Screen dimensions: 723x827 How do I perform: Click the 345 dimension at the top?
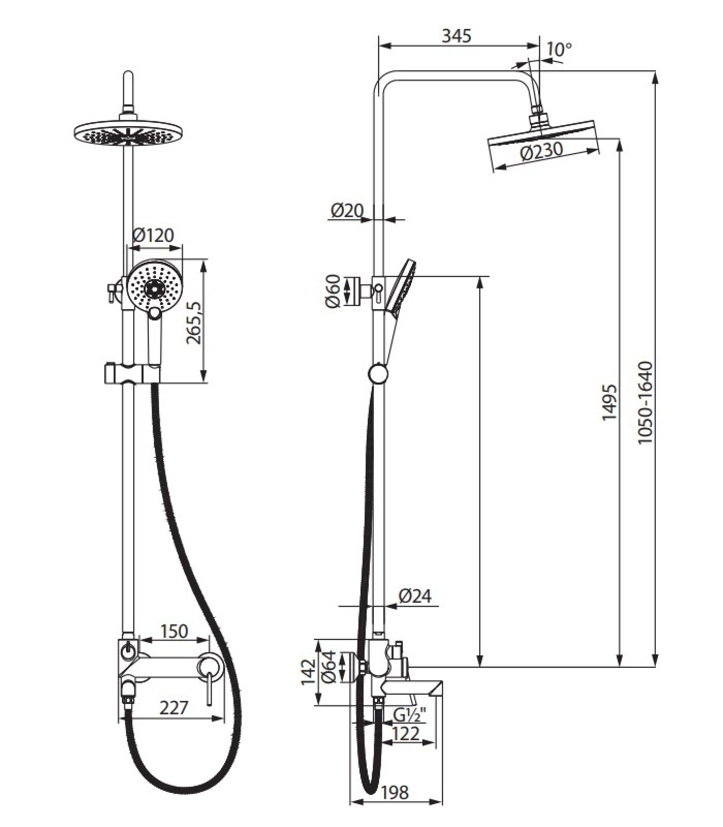point(457,36)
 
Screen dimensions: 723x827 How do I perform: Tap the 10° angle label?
point(559,49)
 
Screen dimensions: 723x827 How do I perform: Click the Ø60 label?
point(334,291)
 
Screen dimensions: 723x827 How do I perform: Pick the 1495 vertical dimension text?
point(610,402)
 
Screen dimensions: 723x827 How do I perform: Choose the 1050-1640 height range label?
point(645,403)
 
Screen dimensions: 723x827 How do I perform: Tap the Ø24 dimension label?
point(415,596)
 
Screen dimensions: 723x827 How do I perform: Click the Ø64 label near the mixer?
point(329,666)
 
